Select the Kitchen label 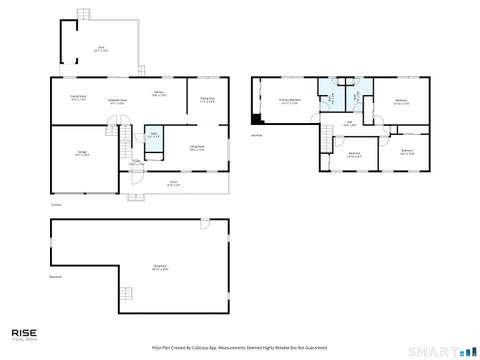coord(158,93)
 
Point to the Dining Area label coord(207,99)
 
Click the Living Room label coord(197,148)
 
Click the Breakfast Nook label coord(116,101)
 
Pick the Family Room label coord(76,98)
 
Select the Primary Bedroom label coord(291,101)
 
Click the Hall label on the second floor coord(350,124)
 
